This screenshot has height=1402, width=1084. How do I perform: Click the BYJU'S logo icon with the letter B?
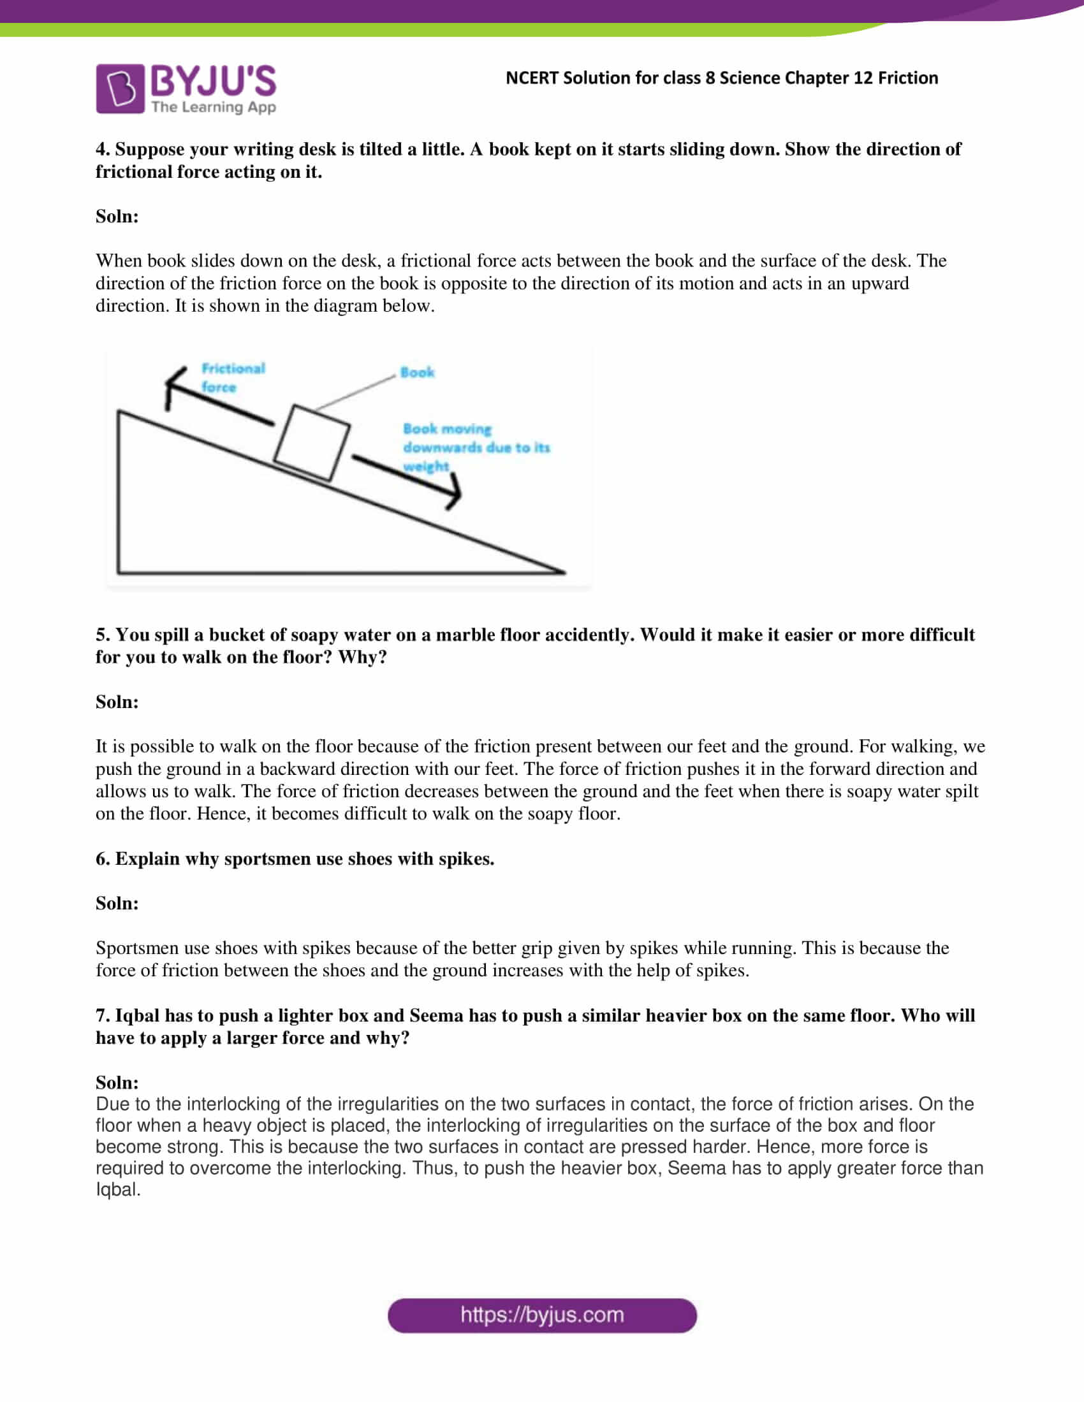[120, 89]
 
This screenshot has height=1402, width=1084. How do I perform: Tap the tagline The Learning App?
[213, 107]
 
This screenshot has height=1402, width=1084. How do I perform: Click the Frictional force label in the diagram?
[233, 377]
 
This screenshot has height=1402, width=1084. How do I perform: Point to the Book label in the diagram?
[417, 372]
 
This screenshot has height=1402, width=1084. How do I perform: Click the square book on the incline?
[311, 442]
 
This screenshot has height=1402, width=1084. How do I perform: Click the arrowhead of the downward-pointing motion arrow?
[455, 493]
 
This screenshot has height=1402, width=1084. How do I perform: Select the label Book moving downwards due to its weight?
[475, 447]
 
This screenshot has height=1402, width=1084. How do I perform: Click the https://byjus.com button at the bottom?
[542, 1315]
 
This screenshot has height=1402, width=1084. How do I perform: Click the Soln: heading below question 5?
[117, 702]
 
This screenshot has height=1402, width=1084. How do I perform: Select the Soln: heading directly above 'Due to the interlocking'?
[117, 1082]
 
